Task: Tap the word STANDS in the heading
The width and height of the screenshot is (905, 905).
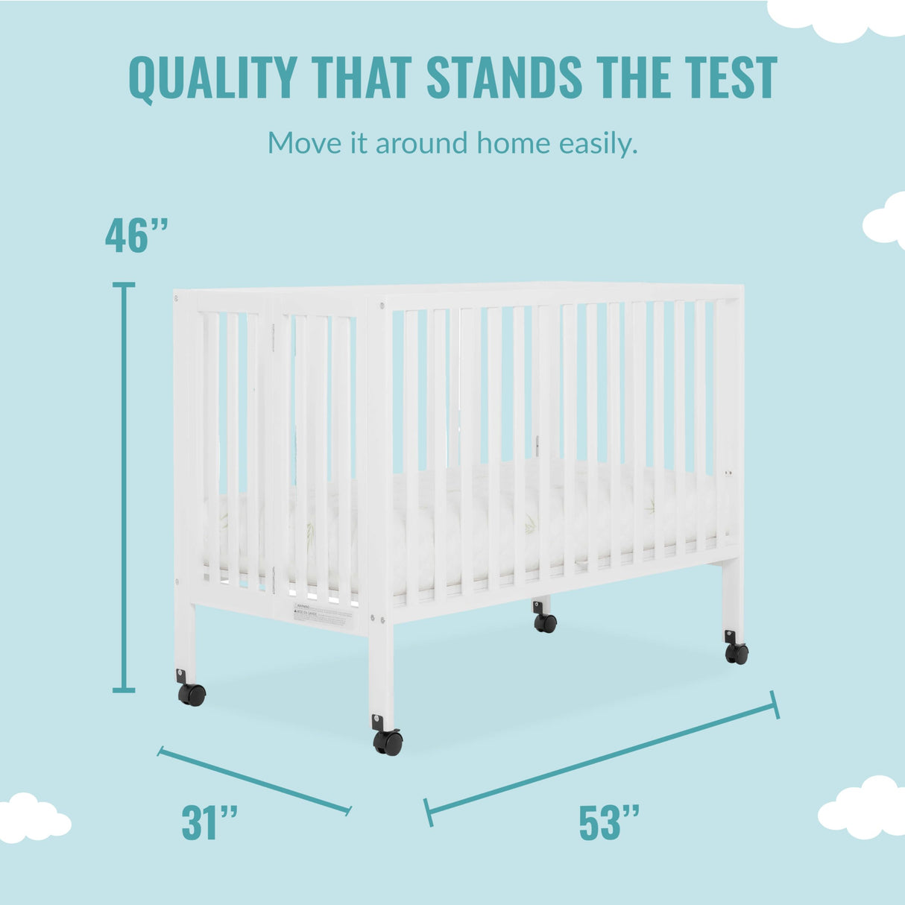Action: point(504,78)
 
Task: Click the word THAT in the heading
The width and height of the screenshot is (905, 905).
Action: point(362,78)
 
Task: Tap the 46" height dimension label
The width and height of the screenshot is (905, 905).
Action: point(137,236)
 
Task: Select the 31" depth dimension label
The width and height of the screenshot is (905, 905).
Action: point(210,822)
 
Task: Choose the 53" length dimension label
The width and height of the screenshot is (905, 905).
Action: point(609,822)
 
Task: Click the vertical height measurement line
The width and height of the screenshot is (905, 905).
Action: point(124,488)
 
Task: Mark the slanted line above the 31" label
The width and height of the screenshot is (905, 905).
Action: point(254,781)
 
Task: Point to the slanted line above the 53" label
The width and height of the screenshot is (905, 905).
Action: point(602,758)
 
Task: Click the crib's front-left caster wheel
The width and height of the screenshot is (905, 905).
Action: point(192,695)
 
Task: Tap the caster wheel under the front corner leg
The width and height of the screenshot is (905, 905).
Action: point(388,742)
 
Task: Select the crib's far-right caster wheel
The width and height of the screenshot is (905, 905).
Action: point(737,653)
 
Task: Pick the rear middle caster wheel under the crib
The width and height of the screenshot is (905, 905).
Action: point(545,622)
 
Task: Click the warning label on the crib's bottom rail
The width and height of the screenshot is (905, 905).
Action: point(324,616)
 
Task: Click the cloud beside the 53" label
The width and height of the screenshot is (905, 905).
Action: point(863,808)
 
